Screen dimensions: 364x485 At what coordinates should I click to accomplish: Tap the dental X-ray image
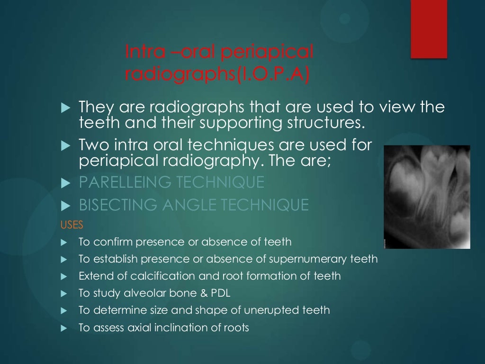pos(427,197)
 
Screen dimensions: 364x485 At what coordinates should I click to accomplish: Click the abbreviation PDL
pos(221,293)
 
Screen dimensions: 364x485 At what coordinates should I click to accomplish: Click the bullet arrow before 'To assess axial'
pos(65,328)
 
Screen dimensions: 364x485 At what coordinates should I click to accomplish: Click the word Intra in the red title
pos(140,52)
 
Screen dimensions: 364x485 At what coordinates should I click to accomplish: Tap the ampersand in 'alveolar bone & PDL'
pos(204,293)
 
